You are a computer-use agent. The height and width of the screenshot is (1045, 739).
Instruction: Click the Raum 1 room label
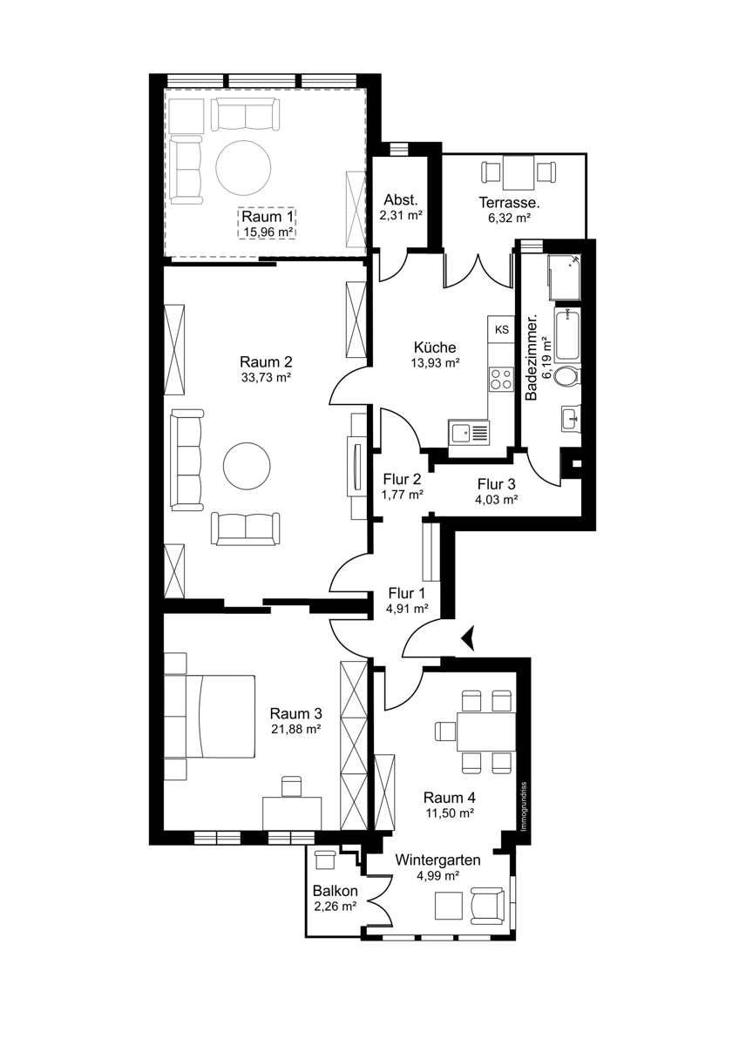[x=268, y=217]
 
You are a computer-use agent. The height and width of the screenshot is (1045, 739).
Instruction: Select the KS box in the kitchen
[x=501, y=330]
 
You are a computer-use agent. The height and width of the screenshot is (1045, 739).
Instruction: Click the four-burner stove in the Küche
[x=501, y=379]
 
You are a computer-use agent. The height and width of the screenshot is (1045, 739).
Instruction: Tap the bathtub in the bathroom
[x=567, y=334]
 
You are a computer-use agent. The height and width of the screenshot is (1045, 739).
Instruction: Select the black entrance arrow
[x=467, y=637]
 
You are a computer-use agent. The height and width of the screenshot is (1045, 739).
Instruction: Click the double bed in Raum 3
[x=210, y=716]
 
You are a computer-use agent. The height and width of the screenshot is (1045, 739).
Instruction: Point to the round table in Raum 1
[x=243, y=168]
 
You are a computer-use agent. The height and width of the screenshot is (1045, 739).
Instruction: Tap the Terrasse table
[x=519, y=173]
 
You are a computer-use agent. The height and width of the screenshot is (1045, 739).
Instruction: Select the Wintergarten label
[x=437, y=860]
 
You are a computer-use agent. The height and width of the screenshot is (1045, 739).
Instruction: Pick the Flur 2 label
[x=403, y=479]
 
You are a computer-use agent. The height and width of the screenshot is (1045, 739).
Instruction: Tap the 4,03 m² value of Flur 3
[x=496, y=500]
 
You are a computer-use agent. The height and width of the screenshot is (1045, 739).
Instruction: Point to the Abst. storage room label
[x=401, y=200]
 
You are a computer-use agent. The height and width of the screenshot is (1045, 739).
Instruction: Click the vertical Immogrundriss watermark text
[x=524, y=806]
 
